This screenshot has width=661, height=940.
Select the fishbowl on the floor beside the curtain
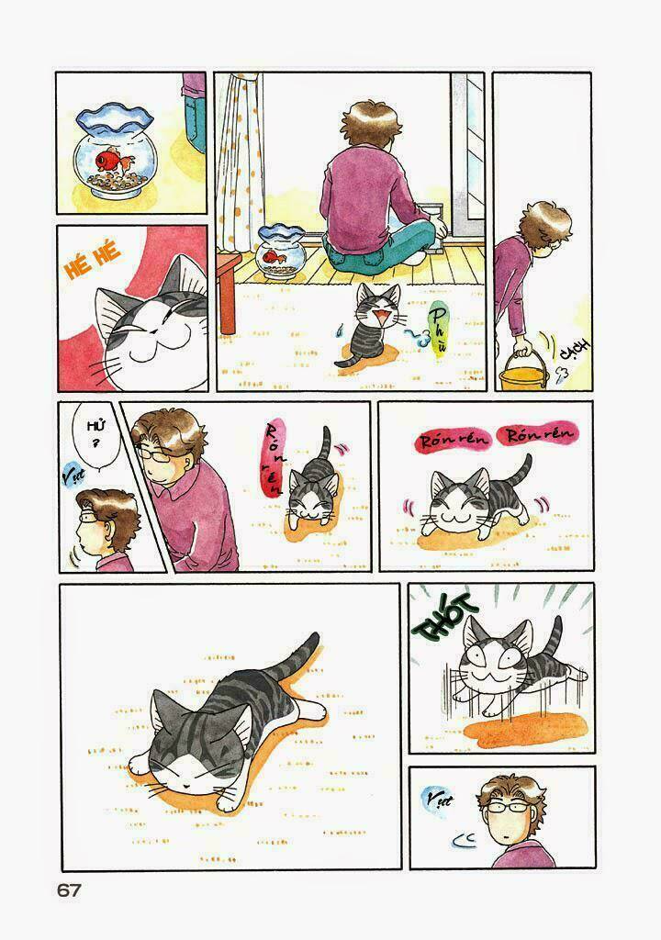[x=278, y=251]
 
